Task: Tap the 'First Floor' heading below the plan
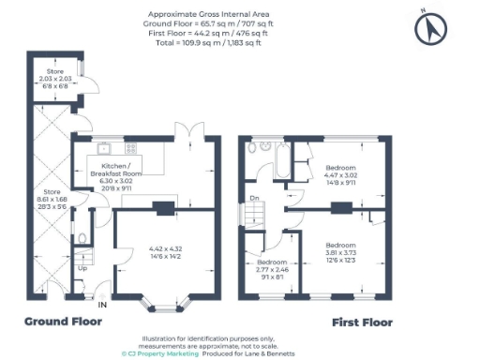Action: coord(362,322)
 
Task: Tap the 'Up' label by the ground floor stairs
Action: coord(82,268)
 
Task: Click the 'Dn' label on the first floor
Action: coord(254,198)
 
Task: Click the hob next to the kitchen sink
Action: coord(129,146)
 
